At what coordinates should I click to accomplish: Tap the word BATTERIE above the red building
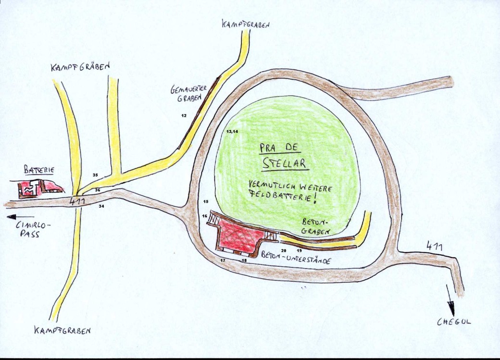pos(38,170)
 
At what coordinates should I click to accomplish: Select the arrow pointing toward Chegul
pos(451,298)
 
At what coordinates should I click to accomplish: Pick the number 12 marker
pos(184,116)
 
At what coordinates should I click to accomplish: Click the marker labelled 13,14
pos(232,131)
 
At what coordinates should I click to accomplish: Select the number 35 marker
pos(95,174)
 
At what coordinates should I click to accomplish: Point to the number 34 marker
pos(101,206)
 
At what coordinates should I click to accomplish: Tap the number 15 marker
pos(206,201)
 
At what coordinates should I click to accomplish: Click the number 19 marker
pos(299,251)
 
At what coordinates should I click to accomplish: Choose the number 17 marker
pos(223,260)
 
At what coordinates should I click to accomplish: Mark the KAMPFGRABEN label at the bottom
pos(62,331)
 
